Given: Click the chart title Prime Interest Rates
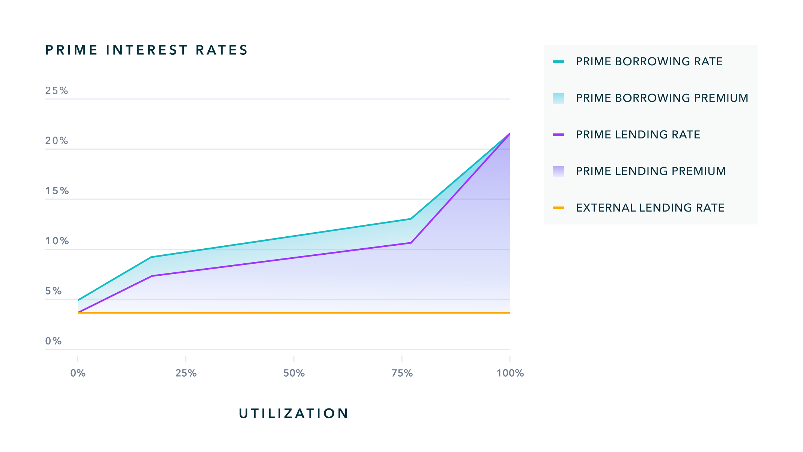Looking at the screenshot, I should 146,50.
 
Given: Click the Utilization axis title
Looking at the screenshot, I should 294,413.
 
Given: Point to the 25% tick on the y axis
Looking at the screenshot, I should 57,91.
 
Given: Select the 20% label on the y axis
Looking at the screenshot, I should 57,141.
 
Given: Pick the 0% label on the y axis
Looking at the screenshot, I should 53,341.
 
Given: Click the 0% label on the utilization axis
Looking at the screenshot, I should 78,373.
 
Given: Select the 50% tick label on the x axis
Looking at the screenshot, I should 294,373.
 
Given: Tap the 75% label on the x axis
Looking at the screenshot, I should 402,373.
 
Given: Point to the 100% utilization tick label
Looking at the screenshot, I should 510,373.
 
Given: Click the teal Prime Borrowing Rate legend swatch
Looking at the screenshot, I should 558,62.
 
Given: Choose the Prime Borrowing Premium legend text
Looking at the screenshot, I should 662,98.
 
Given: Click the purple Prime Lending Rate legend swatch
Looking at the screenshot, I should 558,135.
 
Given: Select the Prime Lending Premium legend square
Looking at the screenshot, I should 558,171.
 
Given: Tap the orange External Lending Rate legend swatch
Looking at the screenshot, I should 558,208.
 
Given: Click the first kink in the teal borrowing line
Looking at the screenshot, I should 151,257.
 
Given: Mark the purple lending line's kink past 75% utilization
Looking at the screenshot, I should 411,243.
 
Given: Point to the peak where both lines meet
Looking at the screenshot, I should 509,134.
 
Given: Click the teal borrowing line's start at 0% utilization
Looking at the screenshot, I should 78,300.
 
